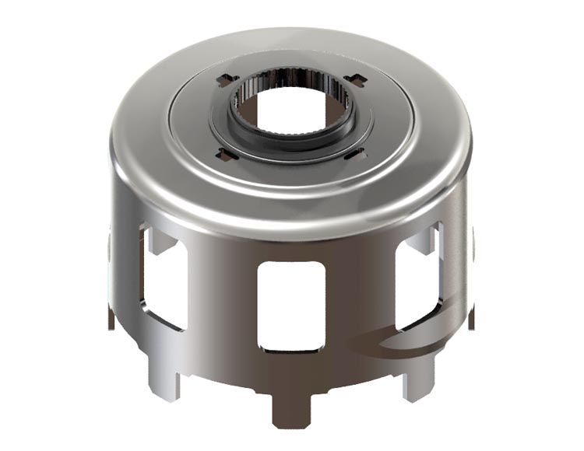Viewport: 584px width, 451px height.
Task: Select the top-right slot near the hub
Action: pyautogui.click(x=354, y=79)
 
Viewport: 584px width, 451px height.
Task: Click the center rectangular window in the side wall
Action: pyautogui.click(x=290, y=305)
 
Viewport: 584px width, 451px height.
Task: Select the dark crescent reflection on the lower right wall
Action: pyautogui.click(x=389, y=342)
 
